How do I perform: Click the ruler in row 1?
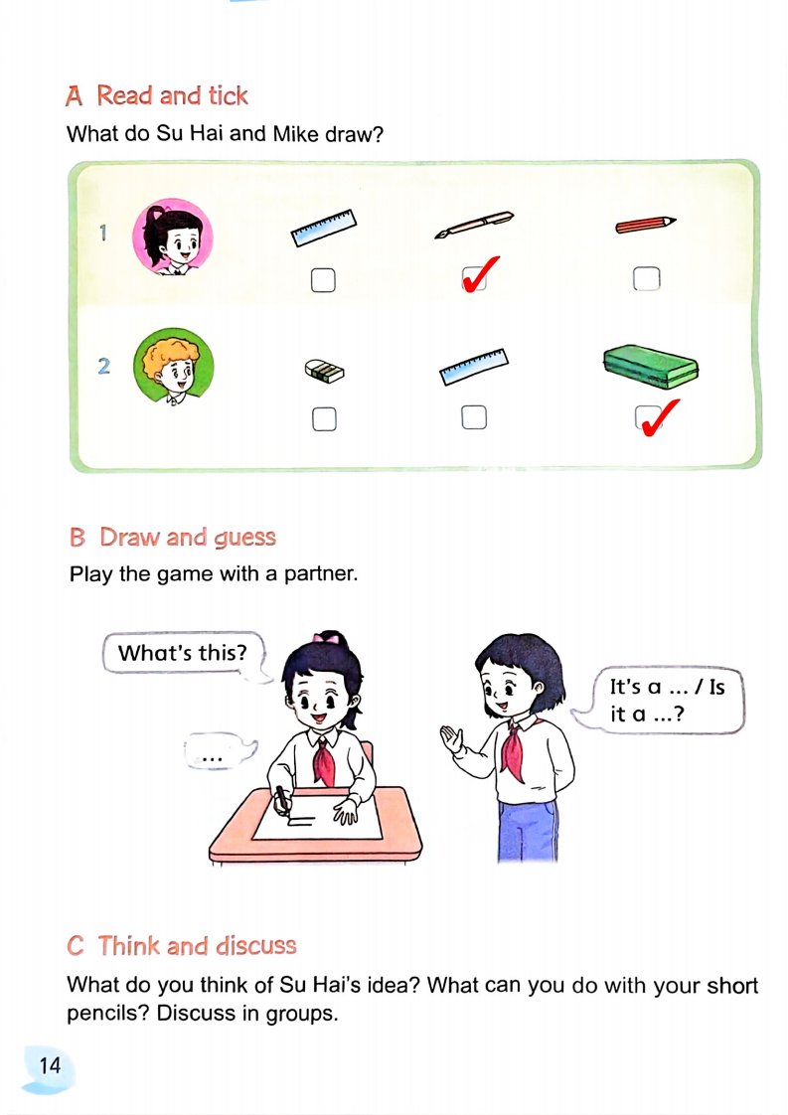point(324,227)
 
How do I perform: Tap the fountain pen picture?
point(474,224)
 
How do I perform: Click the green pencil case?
point(651,367)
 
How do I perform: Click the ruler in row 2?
point(474,367)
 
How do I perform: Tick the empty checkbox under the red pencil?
point(647,278)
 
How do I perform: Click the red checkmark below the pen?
point(480,273)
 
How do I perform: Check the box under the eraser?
point(324,418)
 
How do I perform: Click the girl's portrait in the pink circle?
point(173,237)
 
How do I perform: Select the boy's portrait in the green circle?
point(174,367)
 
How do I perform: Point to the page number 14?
point(50,1065)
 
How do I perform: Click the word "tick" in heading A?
point(228,95)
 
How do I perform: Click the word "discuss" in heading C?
point(256,946)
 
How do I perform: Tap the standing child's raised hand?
point(451,739)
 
